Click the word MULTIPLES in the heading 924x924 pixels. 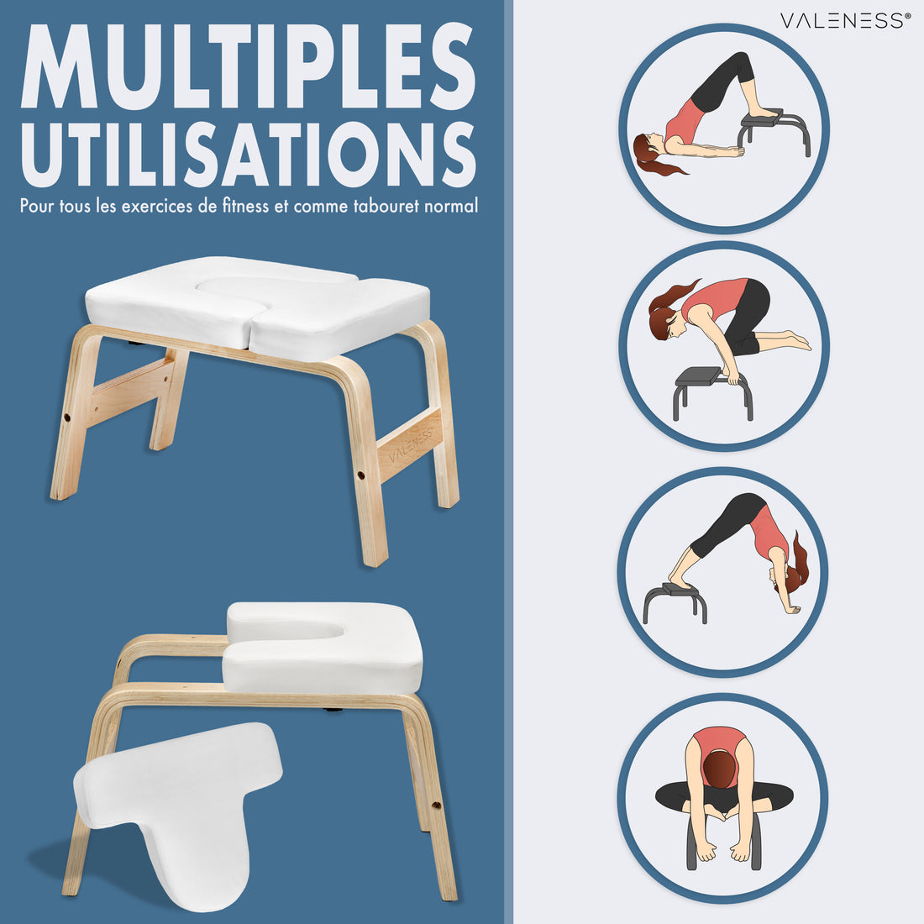248,66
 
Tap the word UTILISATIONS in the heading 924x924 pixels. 248,155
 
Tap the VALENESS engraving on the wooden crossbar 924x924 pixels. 411,445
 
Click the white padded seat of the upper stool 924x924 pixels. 258,307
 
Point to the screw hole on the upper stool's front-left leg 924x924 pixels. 66,417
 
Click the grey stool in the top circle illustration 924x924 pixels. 774,132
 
